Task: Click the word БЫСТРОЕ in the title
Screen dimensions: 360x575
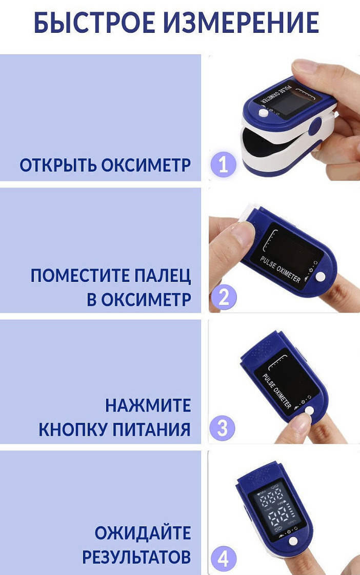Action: (x=95, y=23)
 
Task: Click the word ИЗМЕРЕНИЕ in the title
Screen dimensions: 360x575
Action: (x=241, y=23)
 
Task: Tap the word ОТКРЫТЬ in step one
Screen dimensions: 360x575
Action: (x=58, y=166)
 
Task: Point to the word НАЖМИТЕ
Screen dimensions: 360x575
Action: (x=148, y=405)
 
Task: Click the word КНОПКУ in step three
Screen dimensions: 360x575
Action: (x=73, y=429)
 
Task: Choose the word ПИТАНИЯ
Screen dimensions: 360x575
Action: (x=152, y=429)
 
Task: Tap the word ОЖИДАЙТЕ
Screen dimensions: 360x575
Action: (x=143, y=533)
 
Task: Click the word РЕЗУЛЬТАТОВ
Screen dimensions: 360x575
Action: (x=136, y=557)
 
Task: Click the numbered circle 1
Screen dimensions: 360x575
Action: (x=223, y=165)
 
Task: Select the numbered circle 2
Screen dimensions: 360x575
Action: (x=224, y=297)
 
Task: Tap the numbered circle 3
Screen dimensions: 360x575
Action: (x=223, y=428)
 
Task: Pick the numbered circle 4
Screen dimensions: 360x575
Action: (x=223, y=560)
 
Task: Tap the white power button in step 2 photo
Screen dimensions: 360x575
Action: (x=321, y=277)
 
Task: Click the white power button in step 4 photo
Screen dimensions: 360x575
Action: (x=293, y=541)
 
